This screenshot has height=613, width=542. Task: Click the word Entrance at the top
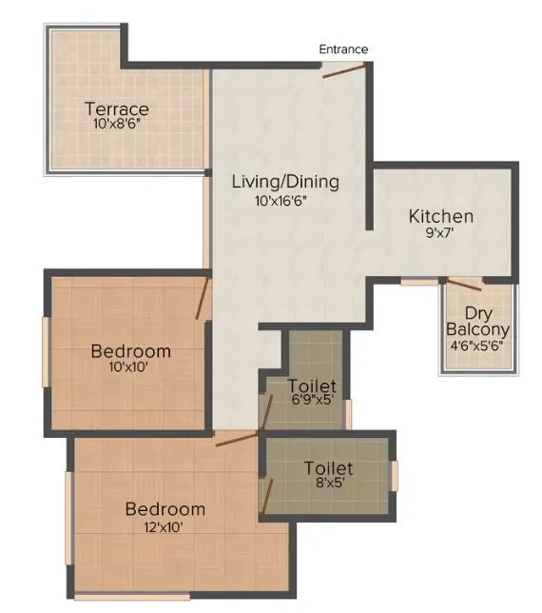pos(343,49)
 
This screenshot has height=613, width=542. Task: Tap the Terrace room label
pos(116,108)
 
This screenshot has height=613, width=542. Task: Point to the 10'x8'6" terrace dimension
pos(116,124)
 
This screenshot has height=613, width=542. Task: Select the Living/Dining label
pos(286,182)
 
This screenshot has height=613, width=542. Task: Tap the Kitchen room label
pos(441,216)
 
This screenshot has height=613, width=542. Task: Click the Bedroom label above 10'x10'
pos(131,351)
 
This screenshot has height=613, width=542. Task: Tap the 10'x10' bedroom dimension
pos(131,367)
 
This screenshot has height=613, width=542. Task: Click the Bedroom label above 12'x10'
pos(165,508)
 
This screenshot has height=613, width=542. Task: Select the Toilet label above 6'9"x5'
pos(312,386)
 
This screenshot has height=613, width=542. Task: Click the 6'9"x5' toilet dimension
pos(312,401)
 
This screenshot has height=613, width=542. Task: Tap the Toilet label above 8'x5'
pos(328,468)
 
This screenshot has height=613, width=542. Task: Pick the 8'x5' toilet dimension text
pos(328,484)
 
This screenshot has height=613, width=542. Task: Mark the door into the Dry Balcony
pos(464,283)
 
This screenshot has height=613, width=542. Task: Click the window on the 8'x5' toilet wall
pos(394,474)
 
